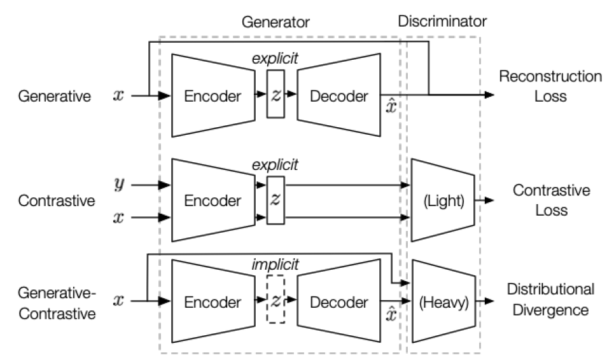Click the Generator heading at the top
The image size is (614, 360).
pos(276,22)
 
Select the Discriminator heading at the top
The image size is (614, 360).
pos(442,22)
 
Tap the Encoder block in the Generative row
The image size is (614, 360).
pos(213,97)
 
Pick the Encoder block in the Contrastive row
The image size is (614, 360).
pos(213,201)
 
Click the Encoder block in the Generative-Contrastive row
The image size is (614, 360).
pos(213,301)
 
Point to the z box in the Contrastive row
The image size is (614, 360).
pos(275,200)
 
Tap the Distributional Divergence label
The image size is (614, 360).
pos(550,300)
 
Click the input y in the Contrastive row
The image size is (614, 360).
pos(118,185)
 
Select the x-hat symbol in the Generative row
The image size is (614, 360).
pos(391,106)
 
